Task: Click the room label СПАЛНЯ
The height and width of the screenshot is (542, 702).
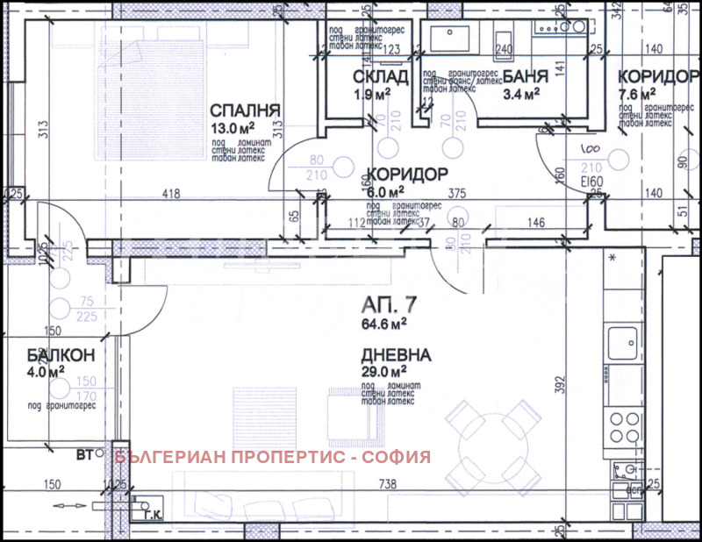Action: pos(245,111)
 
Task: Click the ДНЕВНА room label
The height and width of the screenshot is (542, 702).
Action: pos(395,355)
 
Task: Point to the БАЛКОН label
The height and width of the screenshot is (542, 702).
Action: pos(38,355)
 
